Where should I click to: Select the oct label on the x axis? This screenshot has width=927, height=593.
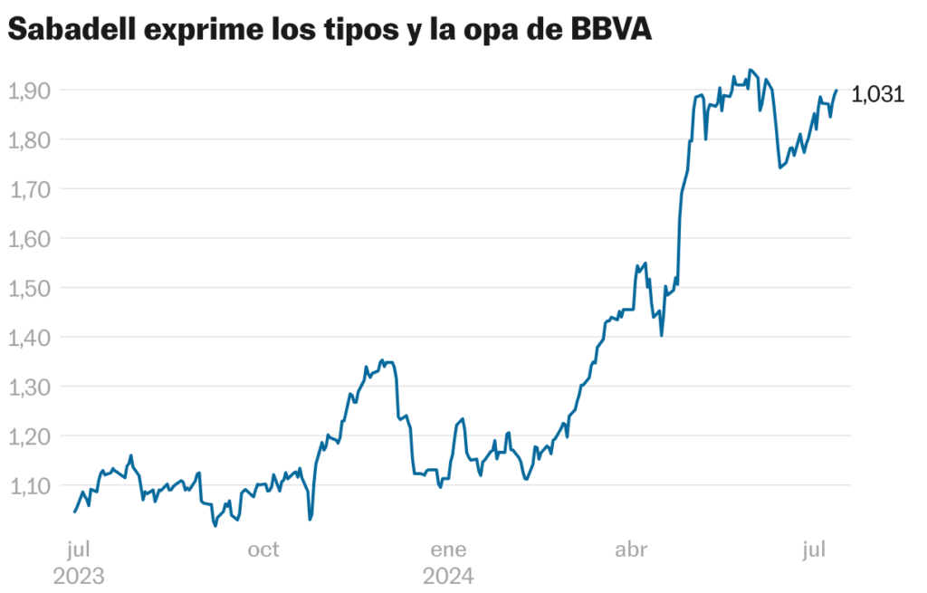tap(263, 550)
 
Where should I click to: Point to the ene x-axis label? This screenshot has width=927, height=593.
tap(448, 550)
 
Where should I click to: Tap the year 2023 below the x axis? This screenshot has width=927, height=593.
tap(79, 576)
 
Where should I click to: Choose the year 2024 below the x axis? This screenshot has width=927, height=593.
tap(448, 576)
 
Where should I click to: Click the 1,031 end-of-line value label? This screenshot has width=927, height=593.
tap(878, 94)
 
